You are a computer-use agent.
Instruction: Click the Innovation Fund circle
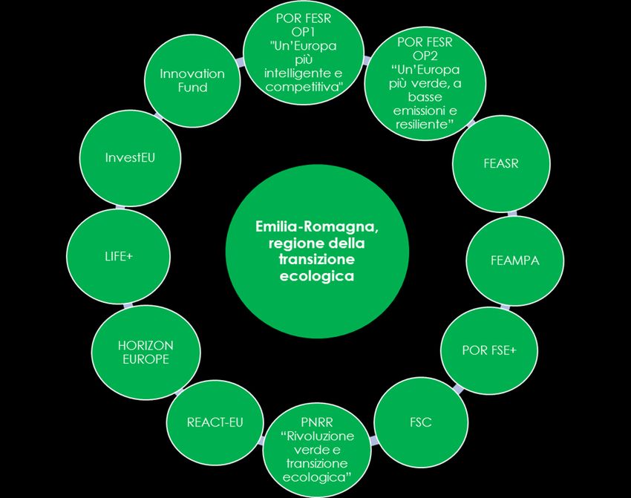click(192, 80)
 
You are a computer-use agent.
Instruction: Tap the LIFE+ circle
click(113, 255)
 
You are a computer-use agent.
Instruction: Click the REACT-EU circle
click(215, 422)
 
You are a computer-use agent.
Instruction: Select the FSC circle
click(420, 422)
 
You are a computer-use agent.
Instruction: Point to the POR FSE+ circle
click(488, 350)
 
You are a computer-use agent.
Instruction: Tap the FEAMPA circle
click(514, 261)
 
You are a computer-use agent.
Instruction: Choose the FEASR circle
click(501, 163)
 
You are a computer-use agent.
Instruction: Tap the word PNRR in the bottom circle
click(317, 422)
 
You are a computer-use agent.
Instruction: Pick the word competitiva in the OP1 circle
click(304, 88)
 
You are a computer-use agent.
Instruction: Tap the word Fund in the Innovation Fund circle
click(192, 87)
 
